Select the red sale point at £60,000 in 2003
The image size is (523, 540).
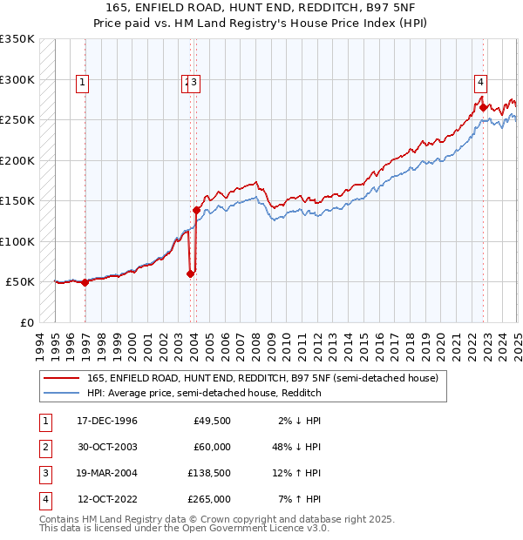(190, 273)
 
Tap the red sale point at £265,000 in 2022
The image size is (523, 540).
(483, 108)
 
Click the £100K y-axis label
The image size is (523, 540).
(17, 241)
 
